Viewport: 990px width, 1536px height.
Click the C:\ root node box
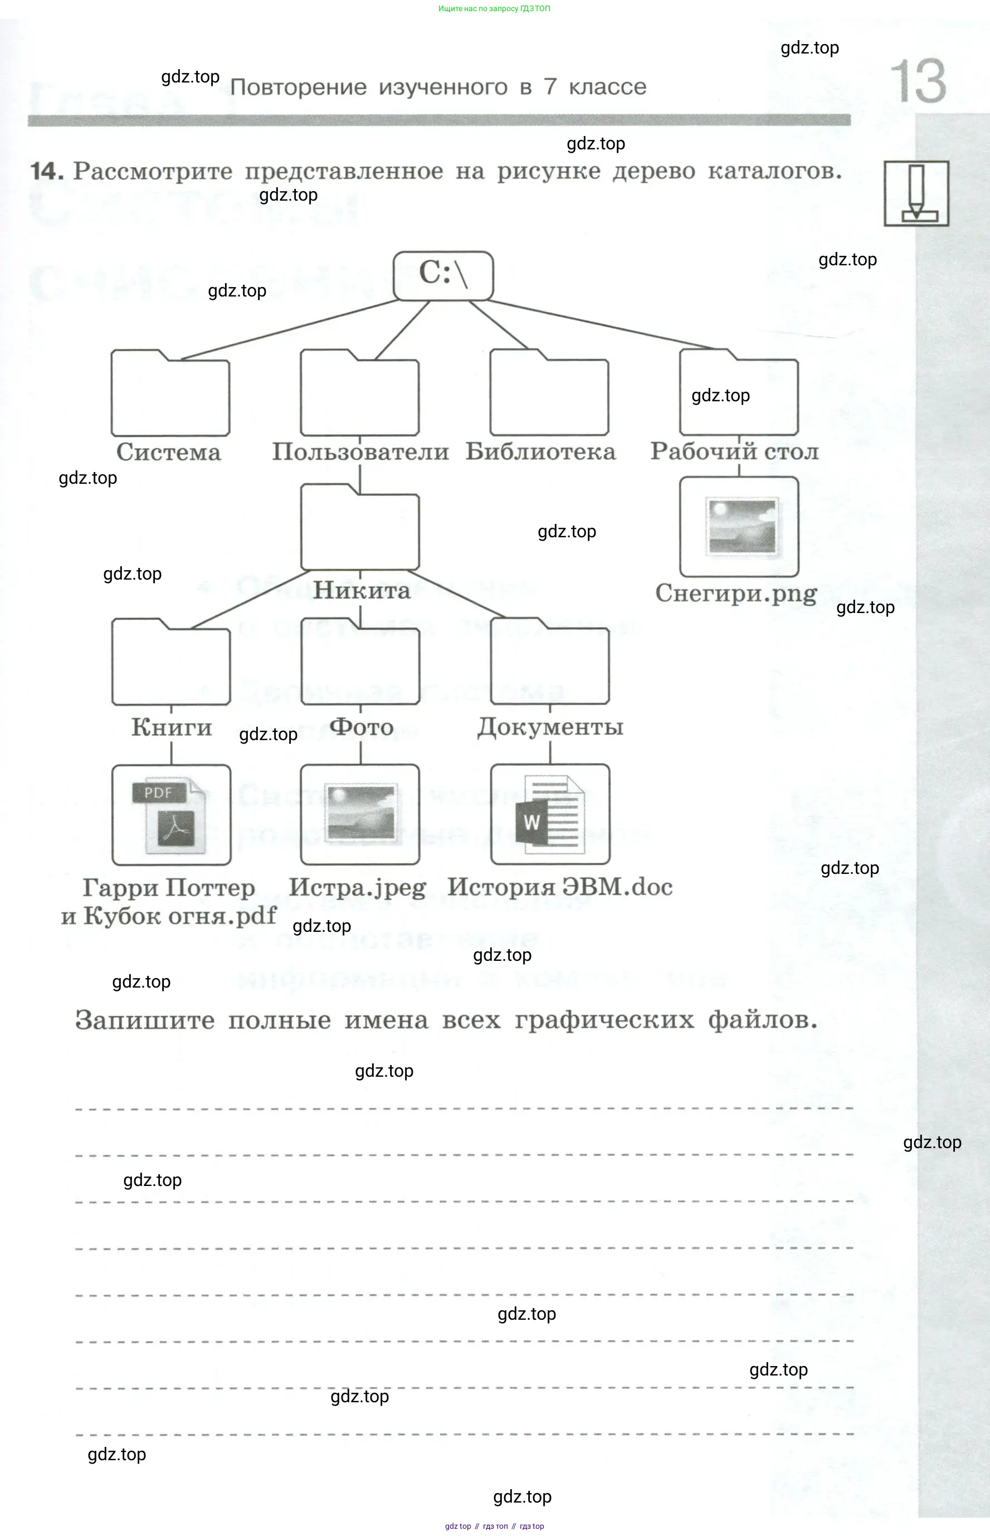(x=443, y=275)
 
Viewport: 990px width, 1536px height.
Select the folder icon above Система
(x=170, y=393)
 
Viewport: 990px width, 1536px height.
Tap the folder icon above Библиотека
(x=549, y=393)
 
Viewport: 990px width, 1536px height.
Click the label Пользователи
(x=360, y=451)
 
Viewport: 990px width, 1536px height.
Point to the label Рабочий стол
(x=734, y=451)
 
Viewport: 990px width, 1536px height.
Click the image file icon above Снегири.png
(x=739, y=527)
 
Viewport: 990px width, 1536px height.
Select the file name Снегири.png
(x=736, y=594)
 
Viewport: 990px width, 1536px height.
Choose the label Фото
(x=361, y=727)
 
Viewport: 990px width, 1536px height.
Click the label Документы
(x=550, y=727)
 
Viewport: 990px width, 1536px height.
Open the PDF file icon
(x=171, y=815)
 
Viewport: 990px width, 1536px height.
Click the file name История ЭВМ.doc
(x=560, y=887)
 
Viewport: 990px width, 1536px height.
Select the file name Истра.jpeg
(x=358, y=887)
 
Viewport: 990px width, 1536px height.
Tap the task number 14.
(x=47, y=171)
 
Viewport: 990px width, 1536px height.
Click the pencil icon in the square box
(x=916, y=193)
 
